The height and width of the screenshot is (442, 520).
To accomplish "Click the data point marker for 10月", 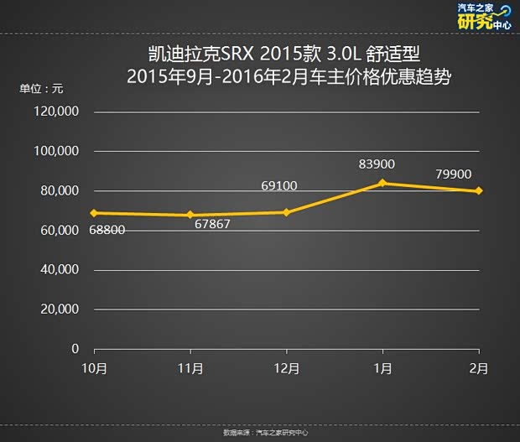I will coord(94,213).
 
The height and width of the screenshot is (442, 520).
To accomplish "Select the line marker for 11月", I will coord(190,216).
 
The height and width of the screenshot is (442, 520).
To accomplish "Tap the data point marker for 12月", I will coord(286,212).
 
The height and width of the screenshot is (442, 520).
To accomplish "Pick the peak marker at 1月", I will coord(382,183).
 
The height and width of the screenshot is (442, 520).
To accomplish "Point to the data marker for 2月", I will coord(478,190).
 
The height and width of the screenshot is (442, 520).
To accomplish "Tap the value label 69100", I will coord(279,185).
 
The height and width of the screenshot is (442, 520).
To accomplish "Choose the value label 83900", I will coord(377,164).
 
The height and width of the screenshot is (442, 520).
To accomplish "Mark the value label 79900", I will coord(454,174).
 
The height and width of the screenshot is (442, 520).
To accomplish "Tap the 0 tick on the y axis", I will coord(75,348).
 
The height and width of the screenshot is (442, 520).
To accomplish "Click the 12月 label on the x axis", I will coord(287,368).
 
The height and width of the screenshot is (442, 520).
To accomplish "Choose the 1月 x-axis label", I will coord(383,368).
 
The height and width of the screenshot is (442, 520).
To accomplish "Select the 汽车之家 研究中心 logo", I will coord(483,16).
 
